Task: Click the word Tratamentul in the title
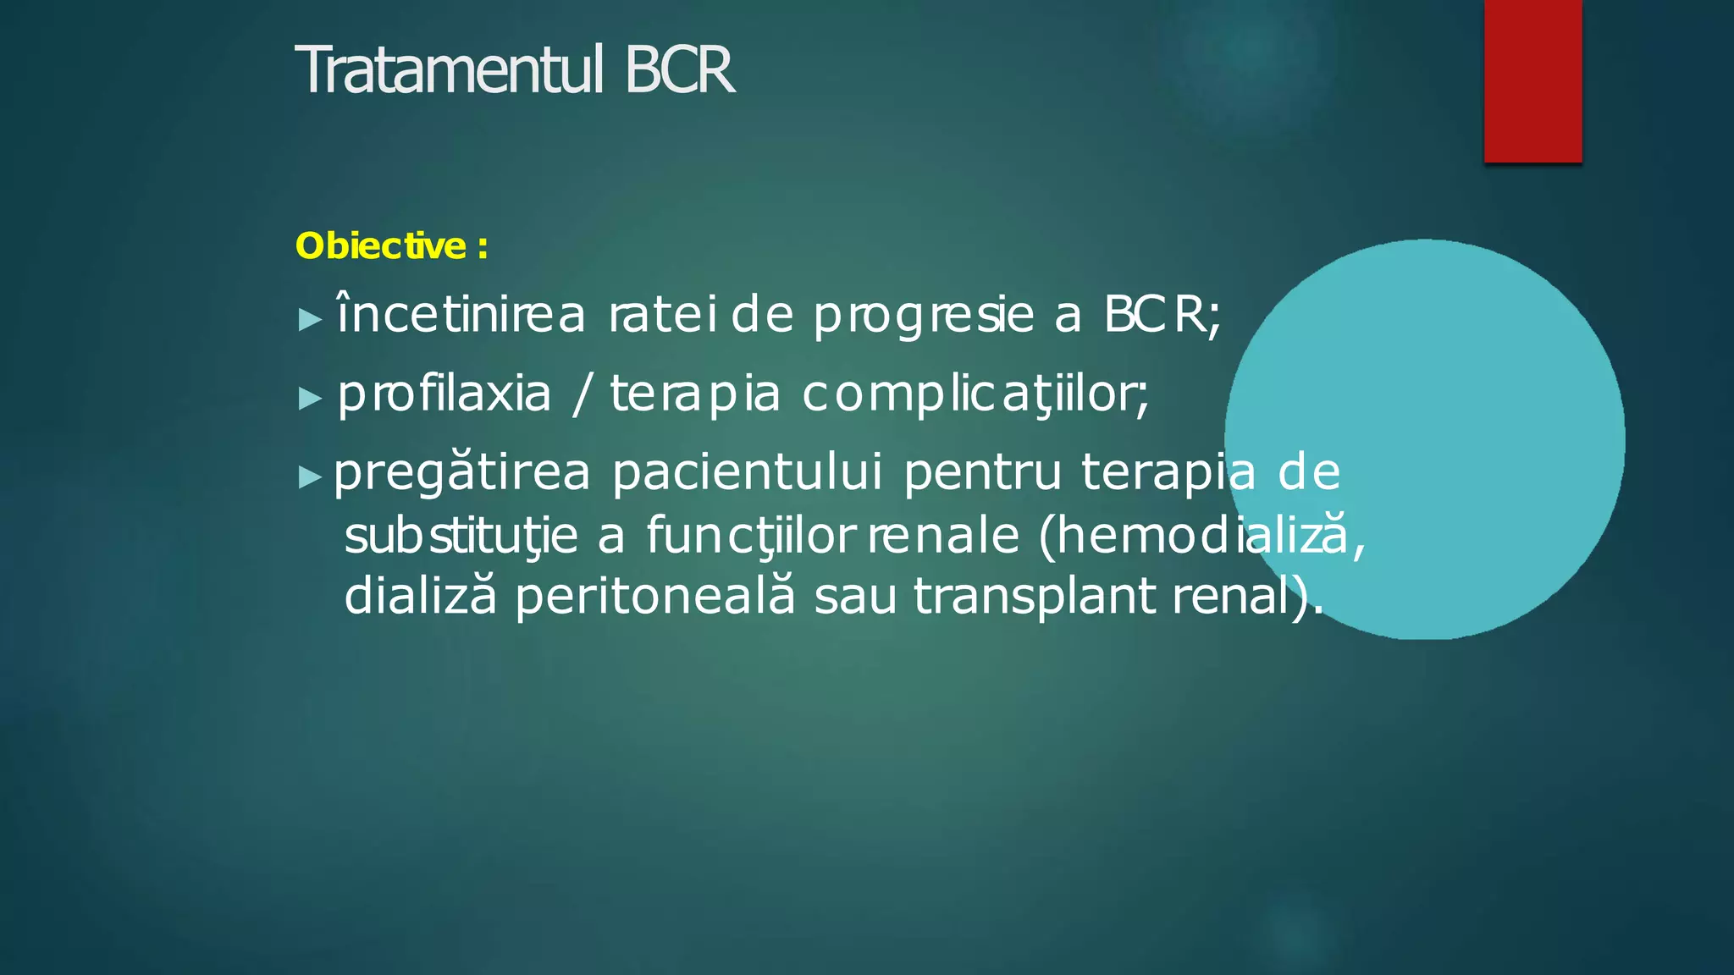tap(450, 70)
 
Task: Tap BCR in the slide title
tap(679, 70)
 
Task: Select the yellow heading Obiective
tap(380, 246)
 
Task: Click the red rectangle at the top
tap(1532, 80)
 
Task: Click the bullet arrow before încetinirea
tap(311, 320)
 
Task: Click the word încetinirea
tap(461, 315)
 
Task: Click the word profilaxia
tap(445, 394)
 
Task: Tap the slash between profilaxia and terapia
tap(580, 394)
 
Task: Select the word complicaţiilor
tap(975, 394)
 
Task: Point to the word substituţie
tap(461, 537)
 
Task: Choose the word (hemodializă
tap(1201, 535)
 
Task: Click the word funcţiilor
tap(751, 537)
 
